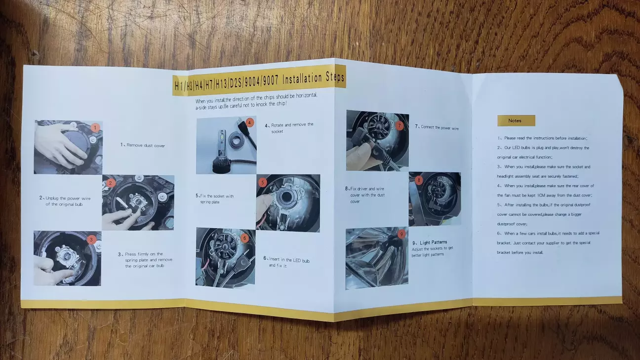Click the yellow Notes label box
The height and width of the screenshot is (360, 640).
(x=516, y=120)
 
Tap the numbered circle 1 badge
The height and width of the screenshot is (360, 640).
(x=96, y=127)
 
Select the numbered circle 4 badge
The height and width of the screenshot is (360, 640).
(x=250, y=122)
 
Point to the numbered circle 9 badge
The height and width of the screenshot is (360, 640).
(x=401, y=234)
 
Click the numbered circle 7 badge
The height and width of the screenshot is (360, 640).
(x=400, y=125)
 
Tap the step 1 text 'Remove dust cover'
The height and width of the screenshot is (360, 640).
(x=143, y=145)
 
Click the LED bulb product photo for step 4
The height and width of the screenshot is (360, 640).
(x=226, y=146)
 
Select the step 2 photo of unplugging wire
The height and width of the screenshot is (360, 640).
(x=138, y=202)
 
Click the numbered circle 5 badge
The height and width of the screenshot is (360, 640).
(x=263, y=182)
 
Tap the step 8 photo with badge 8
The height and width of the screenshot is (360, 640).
(x=435, y=199)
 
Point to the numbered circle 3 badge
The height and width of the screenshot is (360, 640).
(x=91, y=240)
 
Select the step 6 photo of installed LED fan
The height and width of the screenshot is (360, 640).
(x=225, y=257)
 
